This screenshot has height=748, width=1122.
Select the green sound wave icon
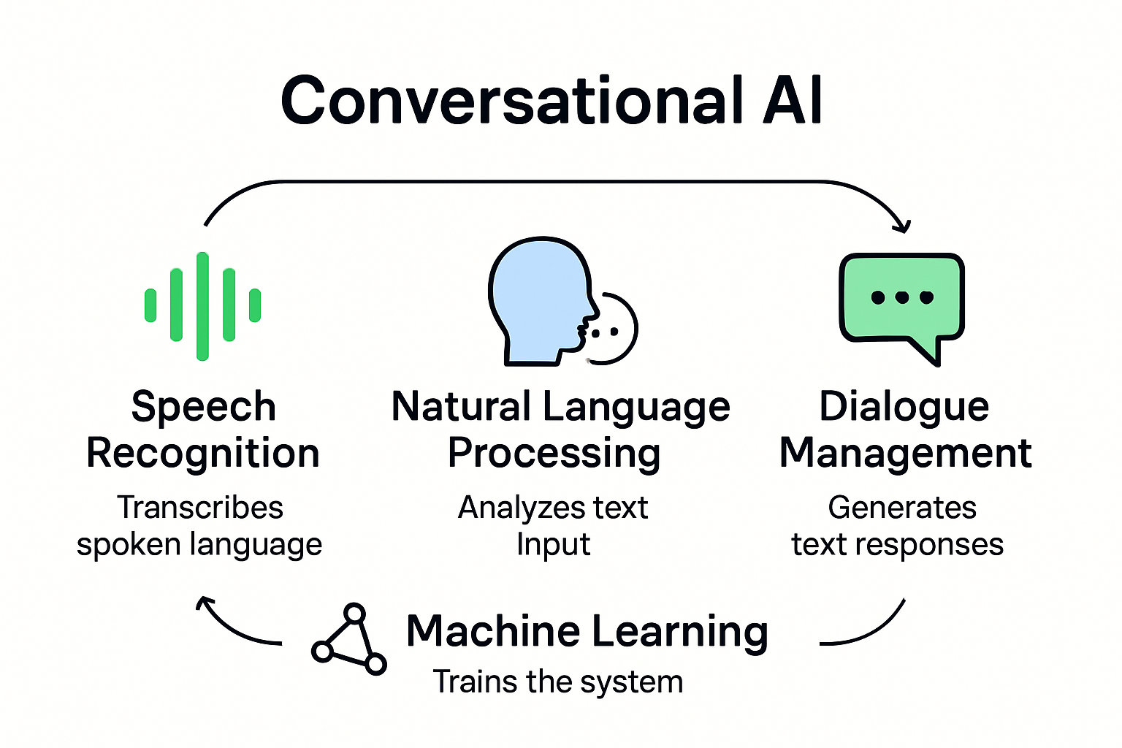203,306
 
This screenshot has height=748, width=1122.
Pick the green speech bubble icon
902,299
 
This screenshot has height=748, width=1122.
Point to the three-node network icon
349,640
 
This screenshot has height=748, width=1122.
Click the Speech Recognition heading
203,430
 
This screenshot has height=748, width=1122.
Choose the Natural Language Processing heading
560,430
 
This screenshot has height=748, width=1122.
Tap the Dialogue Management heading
905,430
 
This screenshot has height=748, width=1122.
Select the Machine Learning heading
587,631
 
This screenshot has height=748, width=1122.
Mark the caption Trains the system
558,682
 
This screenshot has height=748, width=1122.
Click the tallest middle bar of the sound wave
203,306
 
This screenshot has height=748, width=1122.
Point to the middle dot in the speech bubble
902,297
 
